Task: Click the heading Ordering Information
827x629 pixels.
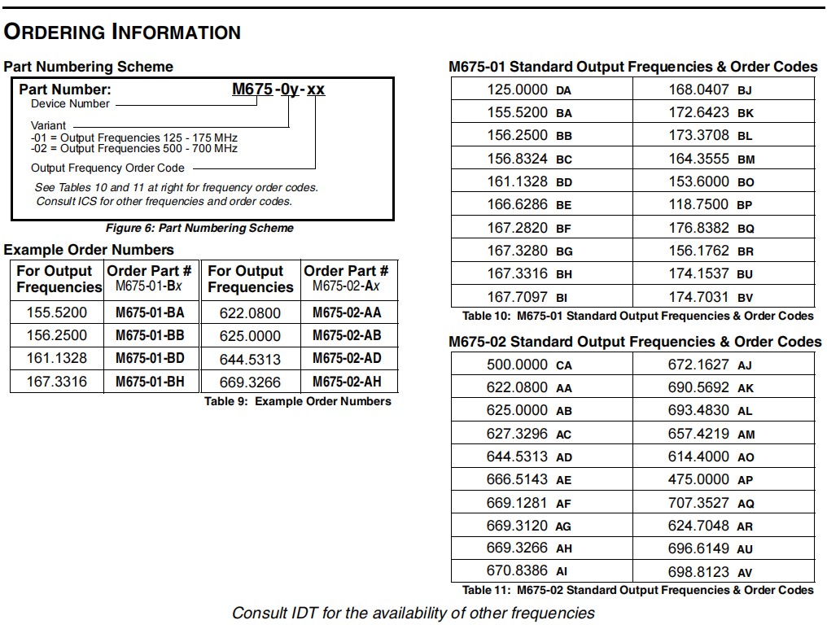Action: click(x=122, y=32)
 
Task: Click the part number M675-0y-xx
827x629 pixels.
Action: click(x=278, y=89)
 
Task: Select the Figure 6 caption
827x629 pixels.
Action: click(x=199, y=228)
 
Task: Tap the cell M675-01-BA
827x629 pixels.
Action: click(x=150, y=312)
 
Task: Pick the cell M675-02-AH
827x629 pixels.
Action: click(x=346, y=382)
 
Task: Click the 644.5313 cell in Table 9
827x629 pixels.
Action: click(x=250, y=359)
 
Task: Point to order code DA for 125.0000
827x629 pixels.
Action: click(x=564, y=91)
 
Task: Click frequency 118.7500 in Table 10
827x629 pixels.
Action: click(x=698, y=205)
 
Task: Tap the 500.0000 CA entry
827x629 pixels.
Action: click(x=529, y=365)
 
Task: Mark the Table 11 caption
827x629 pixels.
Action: click(x=637, y=590)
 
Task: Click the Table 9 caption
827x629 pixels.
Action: click(x=297, y=401)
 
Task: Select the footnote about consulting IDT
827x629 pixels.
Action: click(x=413, y=613)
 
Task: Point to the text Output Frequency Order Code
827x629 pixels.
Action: click(x=107, y=168)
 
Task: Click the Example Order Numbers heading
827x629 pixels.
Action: click(x=89, y=250)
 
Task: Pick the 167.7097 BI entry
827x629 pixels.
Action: click(x=529, y=297)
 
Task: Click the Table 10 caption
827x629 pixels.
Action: click(x=637, y=316)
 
